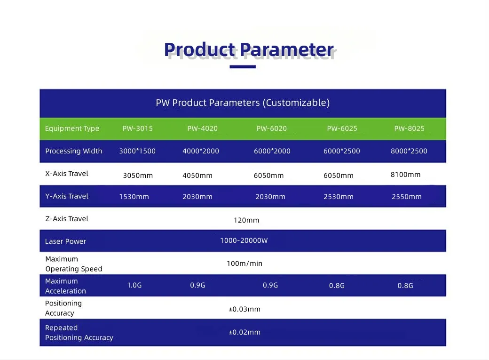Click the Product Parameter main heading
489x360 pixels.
tap(249, 50)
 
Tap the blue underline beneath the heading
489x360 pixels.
tap(243, 66)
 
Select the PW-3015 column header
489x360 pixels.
tap(137, 128)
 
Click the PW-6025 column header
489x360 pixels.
tap(342, 128)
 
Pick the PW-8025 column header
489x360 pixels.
tap(409, 128)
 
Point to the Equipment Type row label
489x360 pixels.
tap(72, 128)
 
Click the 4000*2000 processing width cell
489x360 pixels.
tap(200, 151)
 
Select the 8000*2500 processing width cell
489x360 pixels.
tap(409, 151)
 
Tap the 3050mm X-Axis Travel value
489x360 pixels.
tap(138, 176)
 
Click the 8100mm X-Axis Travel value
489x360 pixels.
tap(405, 175)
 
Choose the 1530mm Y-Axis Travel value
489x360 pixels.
tap(134, 197)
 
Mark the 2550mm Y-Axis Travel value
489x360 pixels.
tap(407, 197)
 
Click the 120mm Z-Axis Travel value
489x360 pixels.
tap(246, 220)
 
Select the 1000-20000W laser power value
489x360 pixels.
tap(244, 240)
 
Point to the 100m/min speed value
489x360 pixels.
tap(244, 264)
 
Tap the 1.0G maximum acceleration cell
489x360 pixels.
tap(134, 285)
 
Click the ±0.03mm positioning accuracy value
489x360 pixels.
tap(244, 309)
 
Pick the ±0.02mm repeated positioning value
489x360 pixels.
tap(244, 332)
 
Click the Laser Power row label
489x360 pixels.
tap(65, 241)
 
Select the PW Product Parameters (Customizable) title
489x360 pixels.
tap(243, 103)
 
